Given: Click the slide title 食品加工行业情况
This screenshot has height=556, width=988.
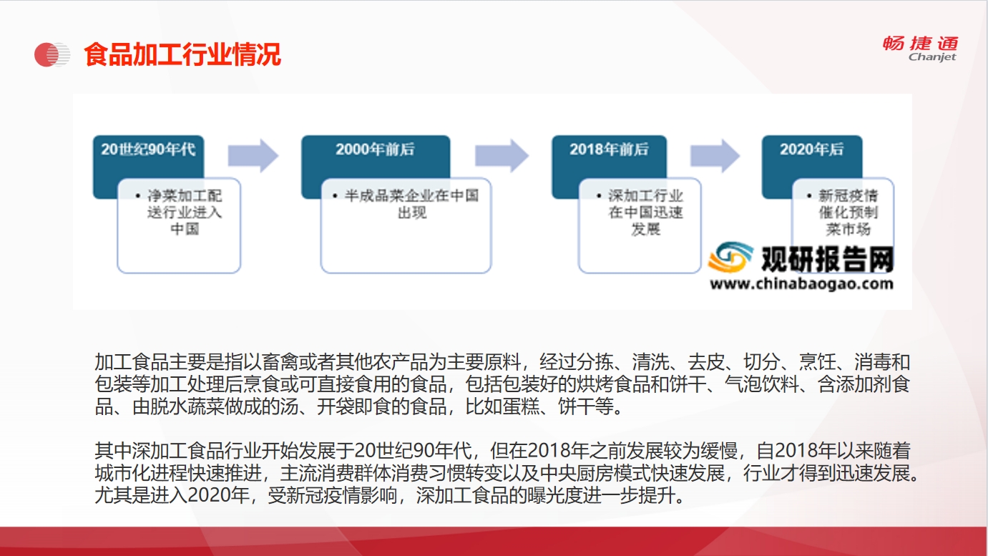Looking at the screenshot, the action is click(182, 54).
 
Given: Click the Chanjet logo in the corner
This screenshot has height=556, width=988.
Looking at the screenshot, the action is click(921, 49).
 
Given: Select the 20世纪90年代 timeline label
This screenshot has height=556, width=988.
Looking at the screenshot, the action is click(148, 149).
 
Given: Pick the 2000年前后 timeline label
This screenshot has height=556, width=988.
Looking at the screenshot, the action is click(376, 149).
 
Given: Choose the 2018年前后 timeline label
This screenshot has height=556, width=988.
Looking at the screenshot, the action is click(609, 149).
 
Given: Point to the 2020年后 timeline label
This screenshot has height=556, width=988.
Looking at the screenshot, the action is click(811, 149).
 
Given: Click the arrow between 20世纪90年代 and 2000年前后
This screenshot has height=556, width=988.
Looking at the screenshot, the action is click(253, 155).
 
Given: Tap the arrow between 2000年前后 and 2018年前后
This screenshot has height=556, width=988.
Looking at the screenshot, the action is click(502, 155).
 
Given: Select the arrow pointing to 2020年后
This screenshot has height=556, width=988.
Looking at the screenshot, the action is click(715, 155).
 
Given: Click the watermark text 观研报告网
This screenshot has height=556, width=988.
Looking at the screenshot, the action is click(828, 259).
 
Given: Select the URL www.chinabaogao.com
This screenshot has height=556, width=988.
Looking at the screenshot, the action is click(801, 284).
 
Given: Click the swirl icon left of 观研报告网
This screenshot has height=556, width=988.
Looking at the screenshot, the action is click(730, 256).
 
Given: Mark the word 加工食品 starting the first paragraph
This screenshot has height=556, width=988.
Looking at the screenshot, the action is click(132, 362).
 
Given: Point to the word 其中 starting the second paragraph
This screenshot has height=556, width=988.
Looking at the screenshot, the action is click(113, 451).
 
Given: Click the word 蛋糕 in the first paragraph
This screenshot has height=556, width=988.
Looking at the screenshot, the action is click(521, 406).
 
